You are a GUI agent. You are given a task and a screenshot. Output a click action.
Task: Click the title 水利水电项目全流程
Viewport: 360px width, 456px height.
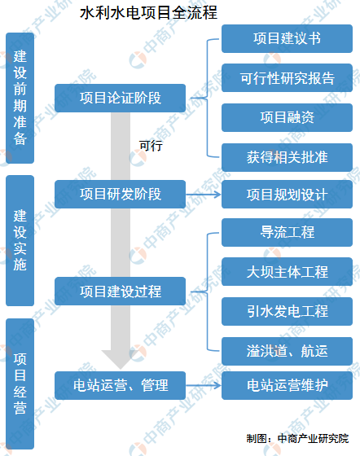pyautogui.click(x=148, y=13)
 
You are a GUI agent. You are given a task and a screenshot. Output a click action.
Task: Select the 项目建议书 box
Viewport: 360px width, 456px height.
pyautogui.click(x=287, y=39)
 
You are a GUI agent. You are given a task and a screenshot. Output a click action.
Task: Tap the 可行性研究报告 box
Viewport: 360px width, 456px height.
pyautogui.click(x=287, y=78)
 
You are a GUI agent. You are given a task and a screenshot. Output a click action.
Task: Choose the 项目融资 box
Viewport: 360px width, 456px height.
pyautogui.click(x=287, y=117)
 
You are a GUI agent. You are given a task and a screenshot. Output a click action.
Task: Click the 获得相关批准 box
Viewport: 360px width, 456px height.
pyautogui.click(x=287, y=157)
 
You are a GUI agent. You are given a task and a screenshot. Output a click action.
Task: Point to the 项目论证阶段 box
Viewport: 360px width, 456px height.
pyautogui.click(x=120, y=98)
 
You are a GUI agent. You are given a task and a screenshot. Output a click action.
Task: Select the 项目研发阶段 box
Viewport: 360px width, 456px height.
pyautogui.click(x=120, y=195)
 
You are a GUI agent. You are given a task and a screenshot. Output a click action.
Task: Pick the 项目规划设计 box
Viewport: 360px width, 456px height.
pyautogui.click(x=287, y=195)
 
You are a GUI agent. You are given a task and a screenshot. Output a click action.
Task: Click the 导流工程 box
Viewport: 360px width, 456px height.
pyautogui.click(x=287, y=233)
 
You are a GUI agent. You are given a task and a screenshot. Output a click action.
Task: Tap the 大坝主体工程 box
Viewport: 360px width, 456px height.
pyautogui.click(x=287, y=272)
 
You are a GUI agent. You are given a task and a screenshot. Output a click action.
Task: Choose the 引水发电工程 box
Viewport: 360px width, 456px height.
pyautogui.click(x=287, y=311)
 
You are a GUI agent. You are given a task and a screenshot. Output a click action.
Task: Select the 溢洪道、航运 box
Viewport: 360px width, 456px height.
pyautogui.click(x=287, y=351)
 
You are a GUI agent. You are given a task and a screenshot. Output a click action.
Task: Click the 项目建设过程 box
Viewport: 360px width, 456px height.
pyautogui.click(x=120, y=292)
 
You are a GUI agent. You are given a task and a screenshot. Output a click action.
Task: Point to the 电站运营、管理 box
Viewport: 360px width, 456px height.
pyautogui.click(x=120, y=385)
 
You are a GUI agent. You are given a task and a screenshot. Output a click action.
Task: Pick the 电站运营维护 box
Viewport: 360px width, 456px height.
pyautogui.click(x=287, y=385)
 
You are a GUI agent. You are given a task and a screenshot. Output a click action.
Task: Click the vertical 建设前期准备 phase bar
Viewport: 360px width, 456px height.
pyautogui.click(x=20, y=98)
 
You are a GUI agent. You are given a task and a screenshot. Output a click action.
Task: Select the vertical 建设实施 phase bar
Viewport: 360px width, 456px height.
pyautogui.click(x=20, y=240)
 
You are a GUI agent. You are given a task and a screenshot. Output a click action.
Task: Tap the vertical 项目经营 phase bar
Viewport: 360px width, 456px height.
pyautogui.click(x=20, y=384)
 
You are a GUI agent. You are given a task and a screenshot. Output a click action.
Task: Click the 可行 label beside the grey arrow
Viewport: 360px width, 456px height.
pyautogui.click(x=151, y=146)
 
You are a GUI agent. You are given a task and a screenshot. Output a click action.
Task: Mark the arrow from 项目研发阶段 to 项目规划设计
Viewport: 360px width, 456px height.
pyautogui.click(x=204, y=195)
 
